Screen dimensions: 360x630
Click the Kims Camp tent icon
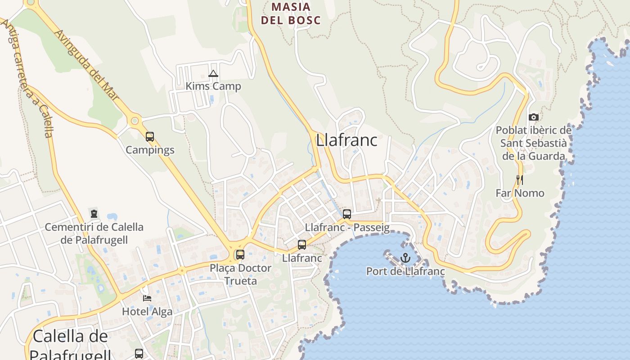point(213,73)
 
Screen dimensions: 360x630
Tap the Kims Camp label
point(213,86)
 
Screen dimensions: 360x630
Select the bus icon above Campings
point(150,137)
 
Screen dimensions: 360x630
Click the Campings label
point(150,150)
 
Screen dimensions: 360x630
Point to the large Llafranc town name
point(346,140)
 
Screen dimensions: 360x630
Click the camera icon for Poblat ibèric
point(534,117)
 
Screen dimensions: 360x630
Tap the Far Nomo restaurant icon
point(520,180)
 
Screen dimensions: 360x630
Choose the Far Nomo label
point(520,193)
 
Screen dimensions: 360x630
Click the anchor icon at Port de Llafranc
point(405,258)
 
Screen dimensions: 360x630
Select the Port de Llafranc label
point(405,271)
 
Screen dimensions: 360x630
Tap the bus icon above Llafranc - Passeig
point(346,214)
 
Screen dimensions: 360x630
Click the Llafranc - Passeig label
point(347,227)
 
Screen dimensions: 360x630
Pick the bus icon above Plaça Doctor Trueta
point(240,255)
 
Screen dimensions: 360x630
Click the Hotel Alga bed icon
point(147,298)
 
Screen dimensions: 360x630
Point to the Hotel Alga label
point(147,311)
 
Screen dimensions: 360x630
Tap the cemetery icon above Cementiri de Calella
point(94,214)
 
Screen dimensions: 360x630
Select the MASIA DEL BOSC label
point(291,13)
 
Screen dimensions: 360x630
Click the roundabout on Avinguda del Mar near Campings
point(134,121)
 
